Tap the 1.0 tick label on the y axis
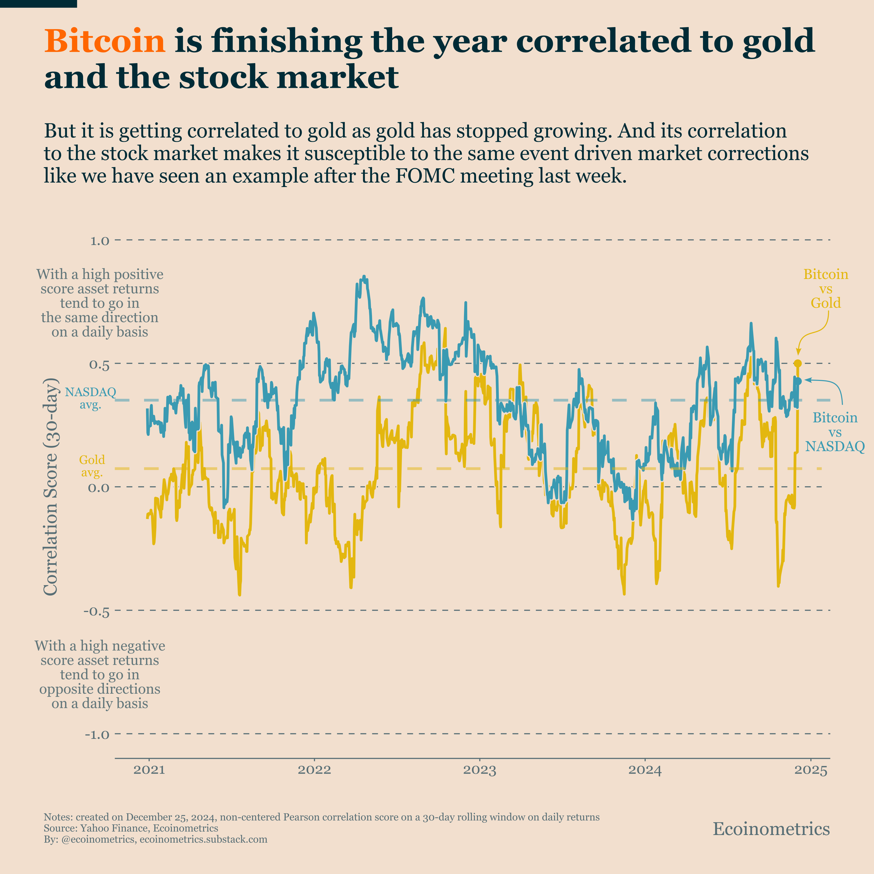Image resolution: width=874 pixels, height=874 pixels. [99, 241]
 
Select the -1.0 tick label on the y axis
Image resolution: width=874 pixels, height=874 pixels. [96, 735]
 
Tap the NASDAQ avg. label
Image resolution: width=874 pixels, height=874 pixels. [91, 398]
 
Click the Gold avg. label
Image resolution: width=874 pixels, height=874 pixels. [92, 466]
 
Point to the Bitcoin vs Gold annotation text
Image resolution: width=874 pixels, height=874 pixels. [826, 289]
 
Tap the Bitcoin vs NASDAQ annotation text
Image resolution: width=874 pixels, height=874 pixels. [835, 432]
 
